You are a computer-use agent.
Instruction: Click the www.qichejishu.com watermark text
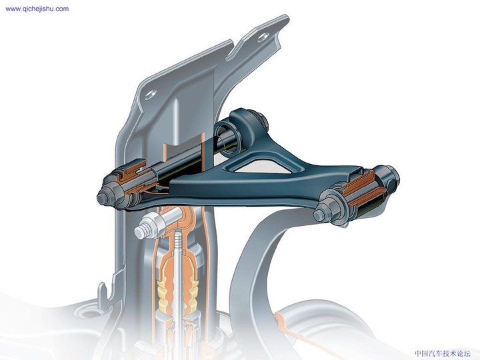(37, 9)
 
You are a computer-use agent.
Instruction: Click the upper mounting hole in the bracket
(264, 37)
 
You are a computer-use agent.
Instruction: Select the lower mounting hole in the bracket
(151, 93)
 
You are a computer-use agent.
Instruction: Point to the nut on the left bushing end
(105, 196)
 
